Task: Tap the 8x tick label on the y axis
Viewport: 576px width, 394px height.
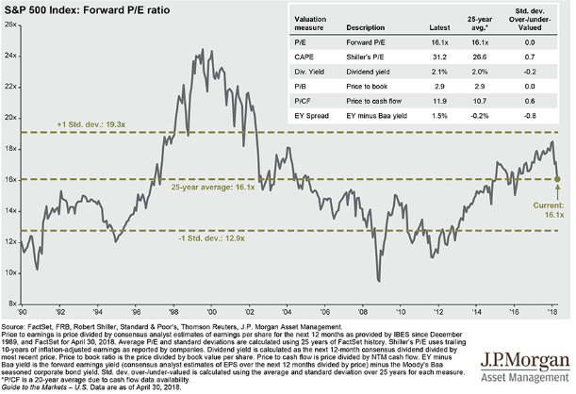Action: (11, 304)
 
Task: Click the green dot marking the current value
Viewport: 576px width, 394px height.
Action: (557, 177)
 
